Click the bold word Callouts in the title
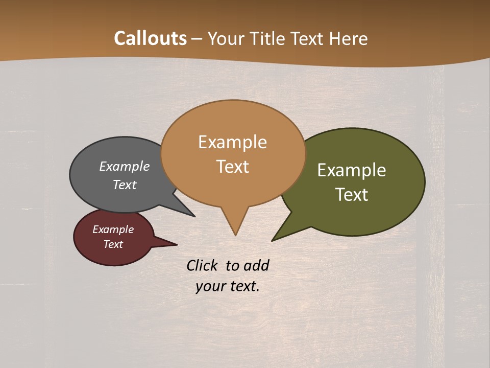click(150, 38)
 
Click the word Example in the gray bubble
click(125, 166)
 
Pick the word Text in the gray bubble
click(125, 185)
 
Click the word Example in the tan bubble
click(233, 142)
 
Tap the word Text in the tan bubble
click(233, 166)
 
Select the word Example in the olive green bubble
click(352, 170)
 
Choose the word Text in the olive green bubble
click(352, 194)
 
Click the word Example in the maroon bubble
click(113, 229)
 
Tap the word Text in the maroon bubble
click(113, 244)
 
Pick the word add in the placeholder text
click(256, 265)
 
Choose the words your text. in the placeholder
click(228, 286)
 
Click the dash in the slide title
click(198, 39)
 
